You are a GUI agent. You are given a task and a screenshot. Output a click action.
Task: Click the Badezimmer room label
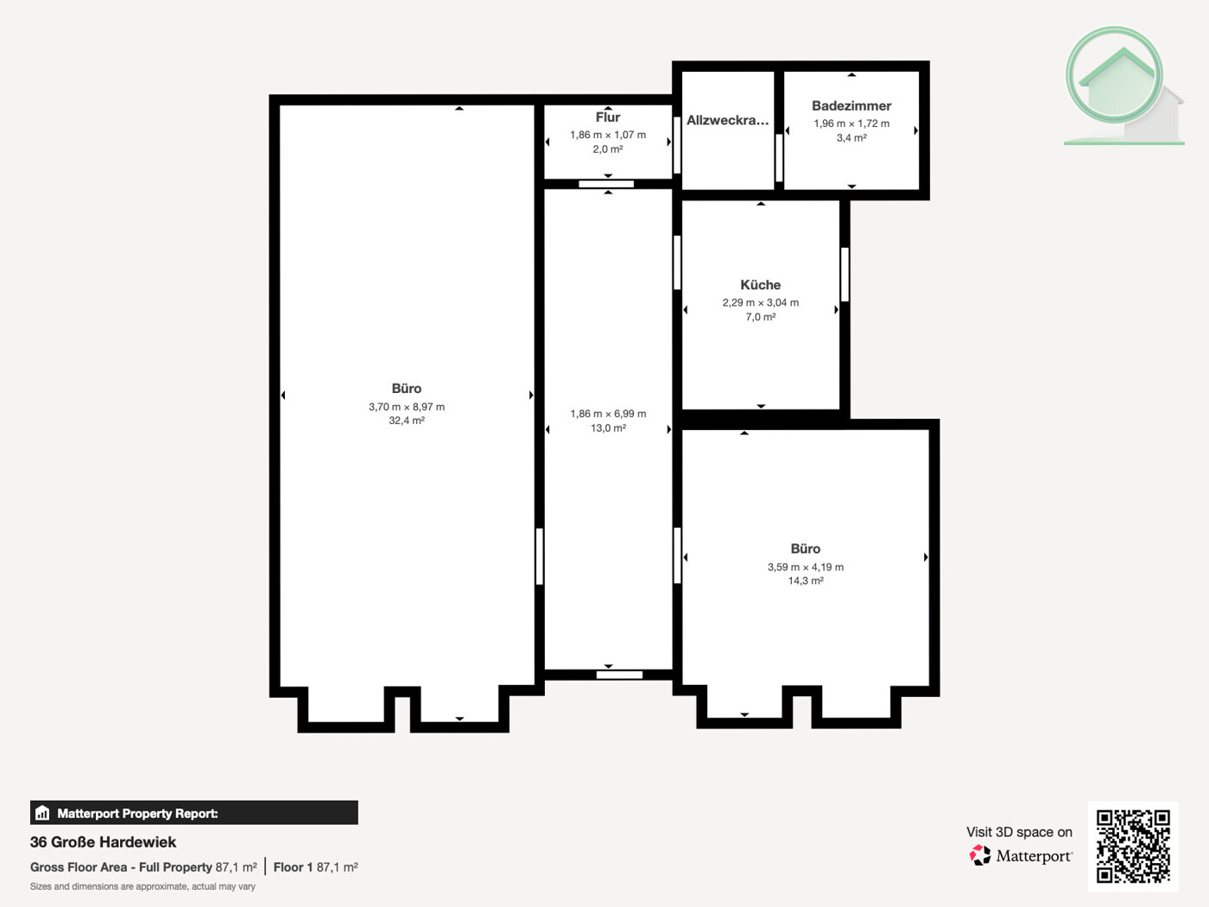851,105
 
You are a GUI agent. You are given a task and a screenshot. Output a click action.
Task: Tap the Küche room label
760,284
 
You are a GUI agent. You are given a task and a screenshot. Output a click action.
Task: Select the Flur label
607,117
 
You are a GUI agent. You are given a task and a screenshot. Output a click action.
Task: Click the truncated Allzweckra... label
727,120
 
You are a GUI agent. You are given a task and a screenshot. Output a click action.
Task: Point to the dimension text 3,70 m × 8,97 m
406,406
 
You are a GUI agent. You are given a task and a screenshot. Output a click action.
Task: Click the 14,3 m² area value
805,581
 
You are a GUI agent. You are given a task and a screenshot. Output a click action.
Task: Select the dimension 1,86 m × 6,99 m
607,414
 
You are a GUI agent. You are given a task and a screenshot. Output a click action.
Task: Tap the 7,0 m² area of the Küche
760,317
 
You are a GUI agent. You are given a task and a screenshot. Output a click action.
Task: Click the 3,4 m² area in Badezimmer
851,138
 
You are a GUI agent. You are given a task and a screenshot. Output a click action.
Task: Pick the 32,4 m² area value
406,421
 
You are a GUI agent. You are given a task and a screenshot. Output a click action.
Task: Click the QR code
1133,846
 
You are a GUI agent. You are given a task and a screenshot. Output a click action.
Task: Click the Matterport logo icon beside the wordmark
980,855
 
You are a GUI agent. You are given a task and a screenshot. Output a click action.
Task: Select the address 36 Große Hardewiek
103,842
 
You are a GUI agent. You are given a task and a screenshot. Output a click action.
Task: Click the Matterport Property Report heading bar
193,813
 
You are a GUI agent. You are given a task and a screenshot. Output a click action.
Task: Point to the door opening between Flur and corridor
606,184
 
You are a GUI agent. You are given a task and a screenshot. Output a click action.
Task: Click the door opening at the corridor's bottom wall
619,675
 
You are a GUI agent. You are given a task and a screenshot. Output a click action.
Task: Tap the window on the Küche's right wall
845,275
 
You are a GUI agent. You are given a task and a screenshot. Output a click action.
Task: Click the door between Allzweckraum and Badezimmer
779,158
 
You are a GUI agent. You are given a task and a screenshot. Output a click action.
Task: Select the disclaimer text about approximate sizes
142,886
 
